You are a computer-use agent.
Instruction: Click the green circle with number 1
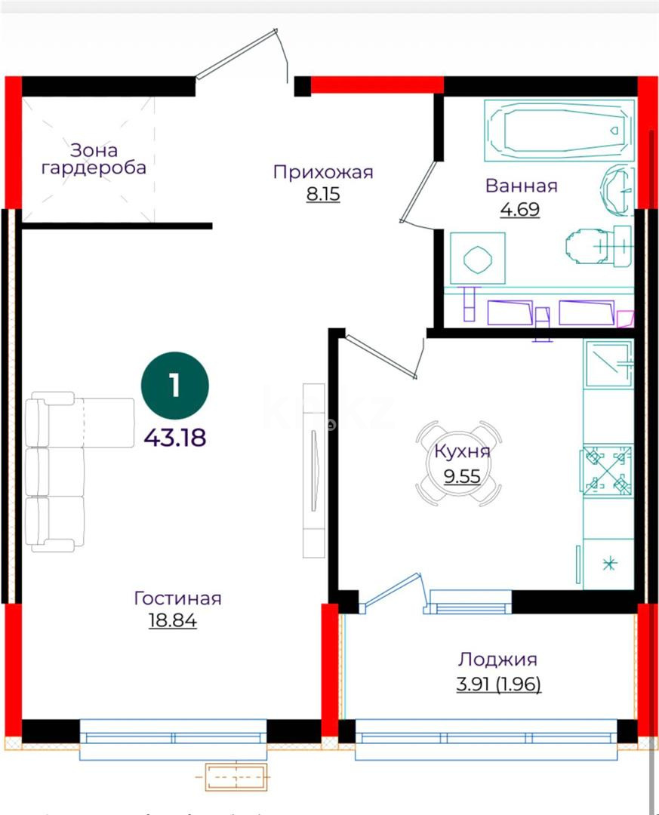175,386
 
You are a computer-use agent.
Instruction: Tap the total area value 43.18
175,437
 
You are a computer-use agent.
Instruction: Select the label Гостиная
177,598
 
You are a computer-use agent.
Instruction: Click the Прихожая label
323,172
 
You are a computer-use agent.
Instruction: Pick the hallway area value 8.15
323,195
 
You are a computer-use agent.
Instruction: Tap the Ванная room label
521,186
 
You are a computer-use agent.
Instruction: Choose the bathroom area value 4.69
520,209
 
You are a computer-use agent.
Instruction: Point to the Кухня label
462,451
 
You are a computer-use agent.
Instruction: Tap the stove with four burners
606,472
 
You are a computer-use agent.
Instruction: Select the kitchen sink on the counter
608,363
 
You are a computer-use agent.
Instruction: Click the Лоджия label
497,660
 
